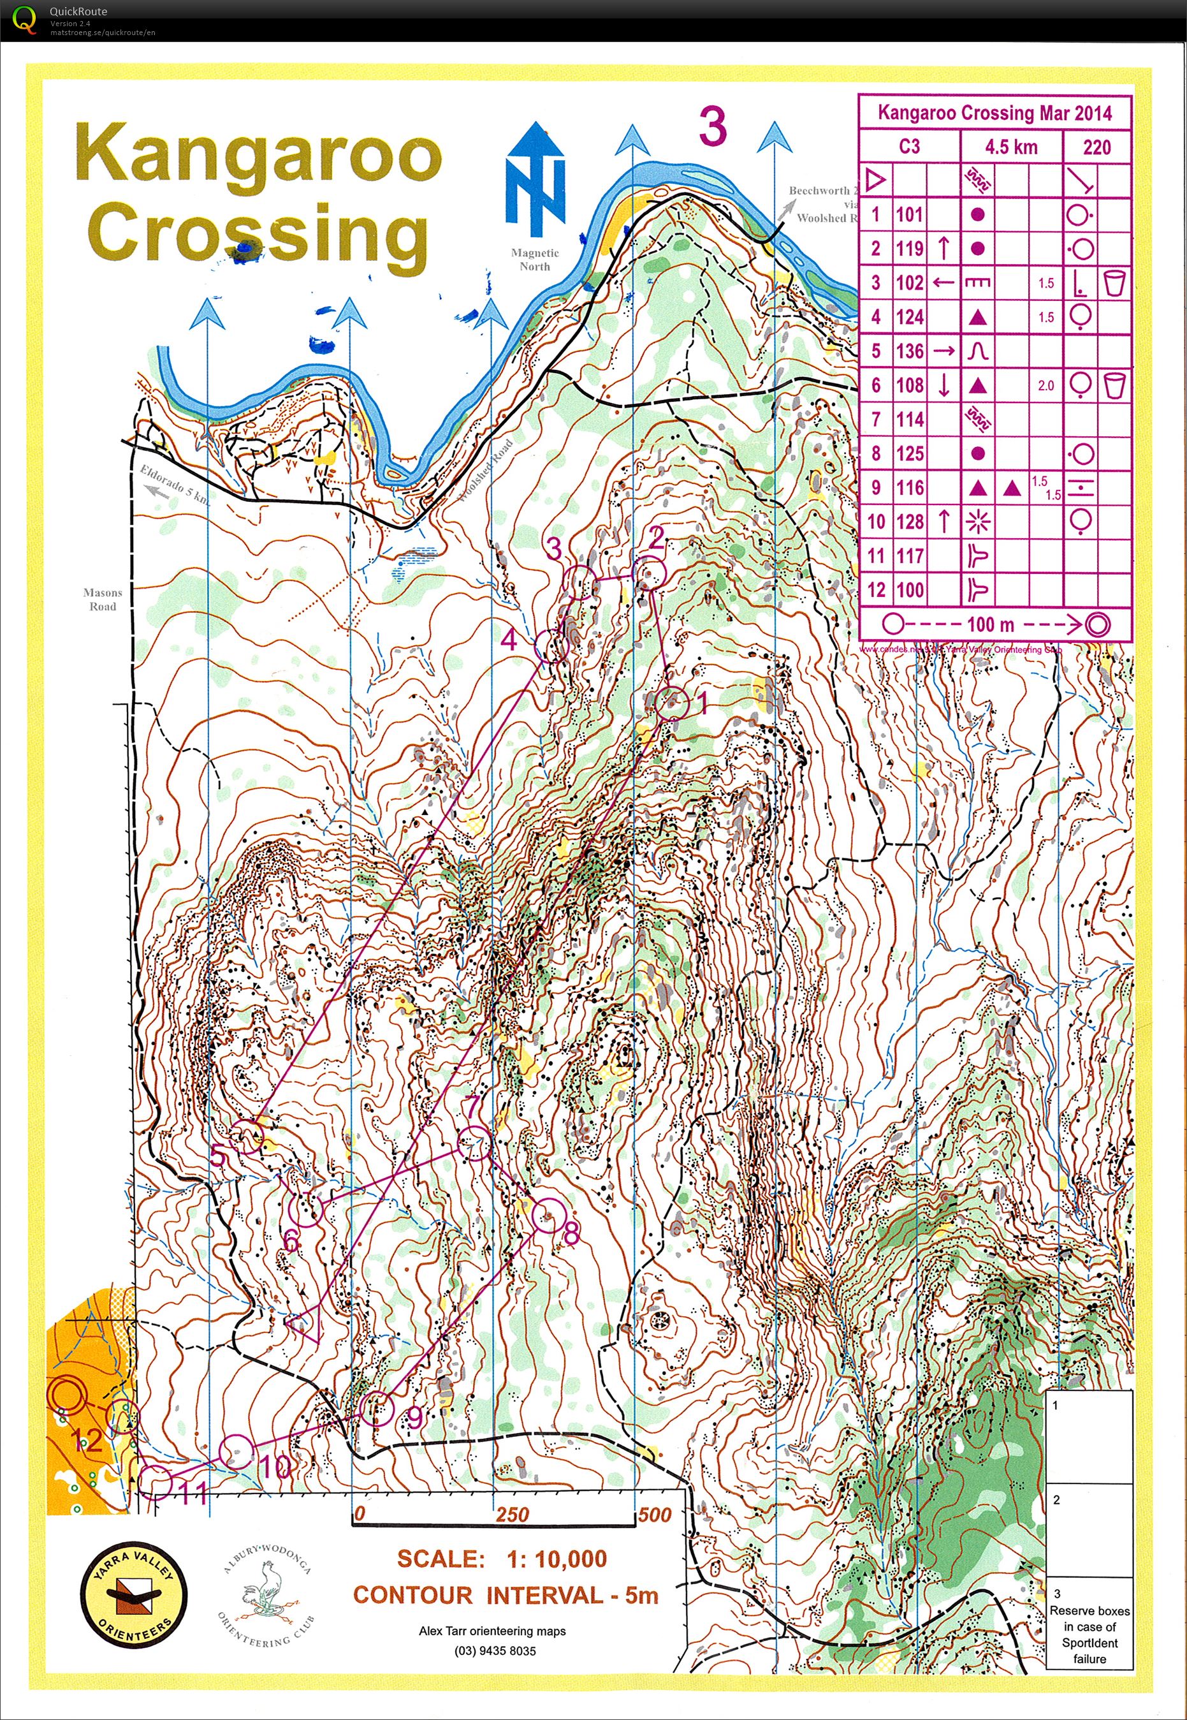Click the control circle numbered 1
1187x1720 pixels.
coord(673,703)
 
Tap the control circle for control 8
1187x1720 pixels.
coord(548,1216)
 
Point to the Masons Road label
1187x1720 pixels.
coord(103,599)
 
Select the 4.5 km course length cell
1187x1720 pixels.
coord(1011,147)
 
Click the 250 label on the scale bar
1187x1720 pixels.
coord(513,1515)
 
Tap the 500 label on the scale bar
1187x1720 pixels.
coord(655,1515)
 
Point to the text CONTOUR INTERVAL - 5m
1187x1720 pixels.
coord(506,1595)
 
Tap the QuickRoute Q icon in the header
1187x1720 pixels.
coord(24,19)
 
